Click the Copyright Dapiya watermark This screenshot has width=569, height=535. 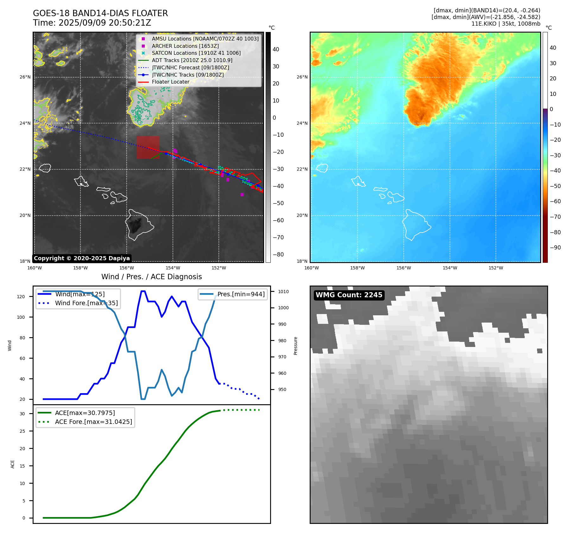coord(82,258)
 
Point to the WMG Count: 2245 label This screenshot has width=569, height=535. coord(349,295)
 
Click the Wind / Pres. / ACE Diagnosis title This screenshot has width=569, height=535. coord(151,277)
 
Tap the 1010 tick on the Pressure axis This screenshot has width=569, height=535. coord(283,292)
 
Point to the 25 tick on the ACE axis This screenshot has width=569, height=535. coord(22,431)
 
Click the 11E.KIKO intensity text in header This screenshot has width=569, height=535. coord(506,24)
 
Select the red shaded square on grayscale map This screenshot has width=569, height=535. coord(148,147)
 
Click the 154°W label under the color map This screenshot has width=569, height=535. coord(450,268)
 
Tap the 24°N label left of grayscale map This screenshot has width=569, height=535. coord(25,123)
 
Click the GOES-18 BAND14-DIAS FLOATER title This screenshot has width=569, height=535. coord(100,13)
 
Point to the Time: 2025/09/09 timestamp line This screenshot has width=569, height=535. coord(92,23)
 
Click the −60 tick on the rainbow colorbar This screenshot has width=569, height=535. coord(555,201)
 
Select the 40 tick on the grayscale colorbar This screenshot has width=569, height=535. coord(276,49)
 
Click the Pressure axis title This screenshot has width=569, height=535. coord(295,345)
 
